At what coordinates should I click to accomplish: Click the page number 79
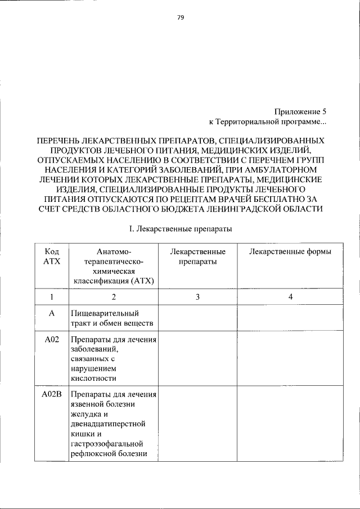pyautogui.click(x=181, y=17)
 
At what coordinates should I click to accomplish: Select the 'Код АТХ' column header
pyautogui.click(x=52, y=256)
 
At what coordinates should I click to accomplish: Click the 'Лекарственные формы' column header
pyautogui.click(x=290, y=251)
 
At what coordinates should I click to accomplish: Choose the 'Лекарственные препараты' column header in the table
pyautogui.click(x=197, y=256)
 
